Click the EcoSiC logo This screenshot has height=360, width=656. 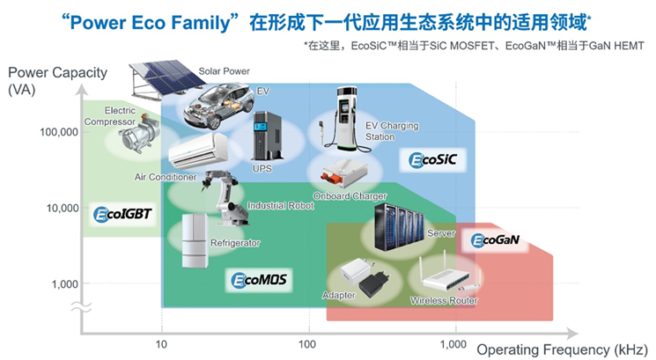coord(432,159)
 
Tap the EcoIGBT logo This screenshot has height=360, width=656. coord(122,214)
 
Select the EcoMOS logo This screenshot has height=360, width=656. coord(260,280)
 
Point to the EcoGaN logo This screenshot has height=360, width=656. coord(496,240)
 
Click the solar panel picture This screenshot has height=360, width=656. coord(166,78)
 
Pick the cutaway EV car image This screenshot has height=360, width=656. coord(218,107)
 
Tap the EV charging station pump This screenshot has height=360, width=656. coord(343,119)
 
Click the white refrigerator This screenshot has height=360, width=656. coord(195,241)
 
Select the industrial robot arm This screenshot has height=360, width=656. coord(225,196)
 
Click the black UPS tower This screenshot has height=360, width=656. coord(267,136)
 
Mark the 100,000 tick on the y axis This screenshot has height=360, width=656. coord(59,132)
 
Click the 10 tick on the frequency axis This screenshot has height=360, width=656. coord(161,344)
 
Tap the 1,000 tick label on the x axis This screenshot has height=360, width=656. coord(453,344)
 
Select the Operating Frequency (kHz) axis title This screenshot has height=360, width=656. coord(562,349)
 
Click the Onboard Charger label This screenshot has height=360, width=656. coord(350,196)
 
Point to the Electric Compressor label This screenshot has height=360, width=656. coord(110,116)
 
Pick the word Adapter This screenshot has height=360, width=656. coord(338,295)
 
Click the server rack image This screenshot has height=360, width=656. coord(398,227)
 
